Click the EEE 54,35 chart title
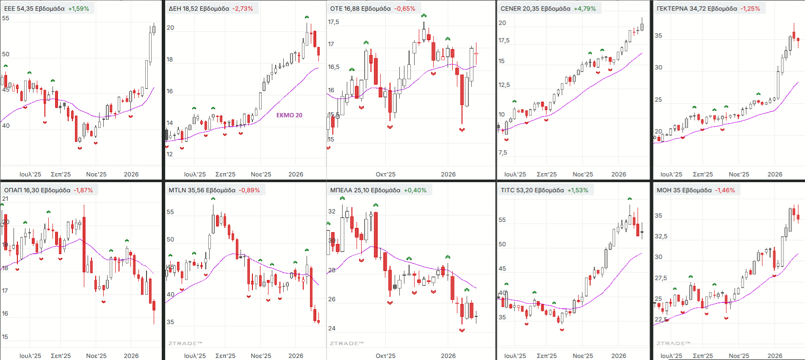(x=34, y=8)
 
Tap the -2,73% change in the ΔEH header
(x=243, y=8)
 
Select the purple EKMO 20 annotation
(x=289, y=115)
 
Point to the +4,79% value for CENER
(x=585, y=8)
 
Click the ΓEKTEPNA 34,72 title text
(x=697, y=8)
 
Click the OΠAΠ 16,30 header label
(x=37, y=190)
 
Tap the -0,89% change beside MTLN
(x=249, y=190)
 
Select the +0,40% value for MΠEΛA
(x=415, y=190)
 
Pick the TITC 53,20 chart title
(x=532, y=190)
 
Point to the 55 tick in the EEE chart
(x=6, y=18)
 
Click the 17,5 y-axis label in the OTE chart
(x=334, y=22)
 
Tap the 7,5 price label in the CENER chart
(x=503, y=152)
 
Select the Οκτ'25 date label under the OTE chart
(x=385, y=174)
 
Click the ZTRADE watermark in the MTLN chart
(x=185, y=343)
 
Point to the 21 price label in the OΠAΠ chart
(x=5, y=199)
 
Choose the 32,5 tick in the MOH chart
(x=661, y=236)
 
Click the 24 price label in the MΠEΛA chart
(x=332, y=328)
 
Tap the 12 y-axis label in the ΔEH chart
(x=169, y=154)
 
